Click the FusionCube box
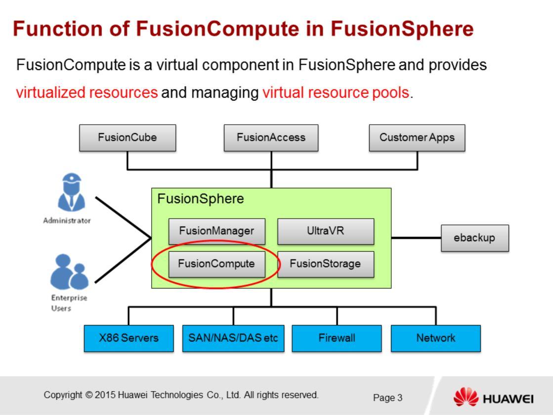128,138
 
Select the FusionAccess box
271,138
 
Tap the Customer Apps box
417,138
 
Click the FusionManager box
216,231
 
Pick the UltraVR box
325,231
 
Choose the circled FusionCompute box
216,264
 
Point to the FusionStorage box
325,264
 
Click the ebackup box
474,237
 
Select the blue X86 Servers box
128,338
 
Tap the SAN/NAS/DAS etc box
233,338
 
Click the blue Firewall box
337,338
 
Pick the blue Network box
435,338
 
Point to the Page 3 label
387,398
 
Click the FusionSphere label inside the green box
200,199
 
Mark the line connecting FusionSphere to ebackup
416,237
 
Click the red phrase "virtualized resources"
87,92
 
